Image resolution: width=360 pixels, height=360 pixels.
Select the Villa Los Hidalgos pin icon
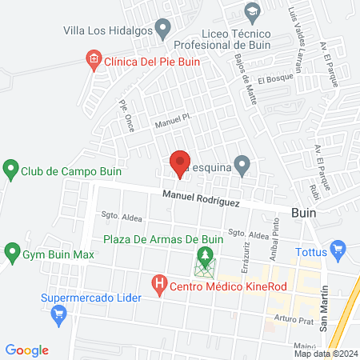[x=163, y=30]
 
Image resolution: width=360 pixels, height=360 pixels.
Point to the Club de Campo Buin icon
[x=10, y=170]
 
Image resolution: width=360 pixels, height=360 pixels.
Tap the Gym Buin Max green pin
[x=12, y=254]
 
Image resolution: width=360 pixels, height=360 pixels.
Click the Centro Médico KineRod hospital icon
[x=158, y=283]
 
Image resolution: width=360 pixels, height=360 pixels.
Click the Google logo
[x=27, y=350]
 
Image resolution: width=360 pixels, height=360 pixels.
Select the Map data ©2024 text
[x=325, y=354]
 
